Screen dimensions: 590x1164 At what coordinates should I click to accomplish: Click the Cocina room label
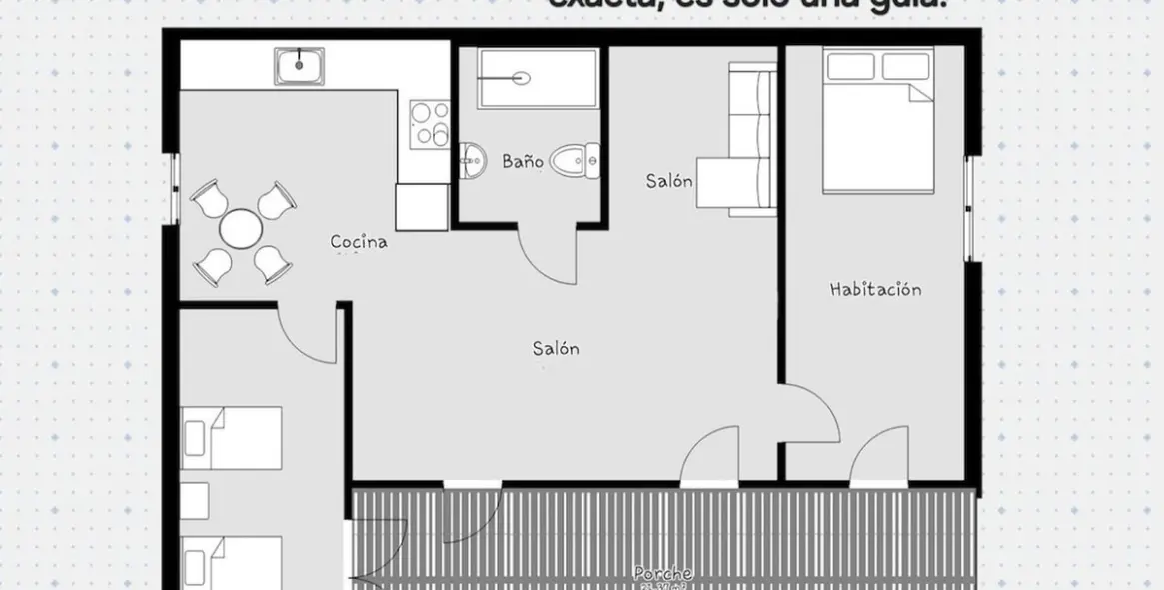359,241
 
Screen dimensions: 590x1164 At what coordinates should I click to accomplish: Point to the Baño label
522,160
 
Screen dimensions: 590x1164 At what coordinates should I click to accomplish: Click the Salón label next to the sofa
668,181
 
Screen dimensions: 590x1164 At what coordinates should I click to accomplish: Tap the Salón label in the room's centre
556,349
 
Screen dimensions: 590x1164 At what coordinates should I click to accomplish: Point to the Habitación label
875,290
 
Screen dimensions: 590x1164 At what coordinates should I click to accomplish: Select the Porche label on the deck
662,574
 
